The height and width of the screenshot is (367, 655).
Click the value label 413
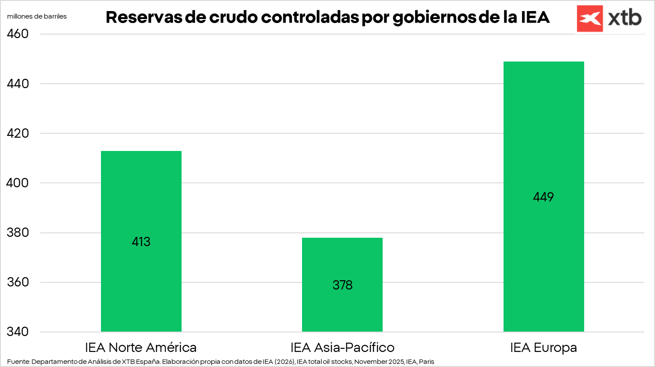pos(141,242)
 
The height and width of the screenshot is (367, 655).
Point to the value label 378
pos(342,285)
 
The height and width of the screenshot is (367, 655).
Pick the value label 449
pos(543,197)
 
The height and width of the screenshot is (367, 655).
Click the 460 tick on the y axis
pos(18,34)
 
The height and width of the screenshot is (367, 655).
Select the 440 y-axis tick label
pos(18,84)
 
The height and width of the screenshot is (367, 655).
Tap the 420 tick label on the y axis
pos(18,133)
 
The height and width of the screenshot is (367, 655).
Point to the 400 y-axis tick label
pos(18,183)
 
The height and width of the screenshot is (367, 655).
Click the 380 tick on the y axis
pos(18,232)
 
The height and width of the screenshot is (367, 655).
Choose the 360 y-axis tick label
pos(18,282)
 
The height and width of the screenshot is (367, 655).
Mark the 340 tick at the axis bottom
pos(18,332)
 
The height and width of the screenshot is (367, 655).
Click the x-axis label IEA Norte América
pos(141,348)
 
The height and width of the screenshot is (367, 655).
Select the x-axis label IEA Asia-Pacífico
pos(342,348)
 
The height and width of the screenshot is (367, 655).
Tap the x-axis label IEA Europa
pos(543,348)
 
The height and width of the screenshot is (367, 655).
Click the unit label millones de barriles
pos(37,16)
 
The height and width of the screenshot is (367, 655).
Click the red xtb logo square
pos(589,19)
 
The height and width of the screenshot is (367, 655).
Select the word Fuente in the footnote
pos(18,362)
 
